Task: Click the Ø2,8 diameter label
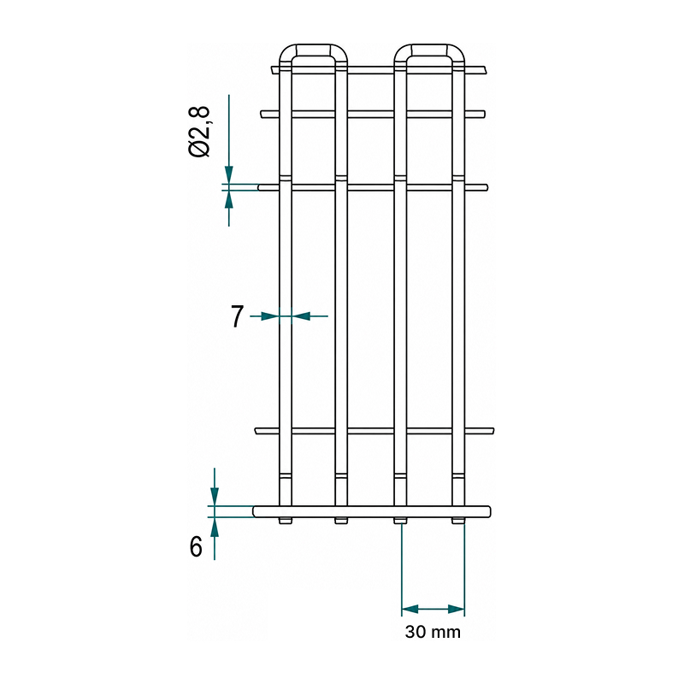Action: click(x=200, y=132)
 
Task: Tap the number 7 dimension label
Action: click(x=237, y=316)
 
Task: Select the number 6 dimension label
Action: click(x=197, y=546)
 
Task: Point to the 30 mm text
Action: click(x=433, y=632)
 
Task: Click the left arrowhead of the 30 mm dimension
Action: click(x=410, y=609)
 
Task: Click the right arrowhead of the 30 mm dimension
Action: click(x=457, y=609)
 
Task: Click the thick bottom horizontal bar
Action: click(x=372, y=511)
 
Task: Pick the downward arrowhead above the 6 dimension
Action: click(x=215, y=497)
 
